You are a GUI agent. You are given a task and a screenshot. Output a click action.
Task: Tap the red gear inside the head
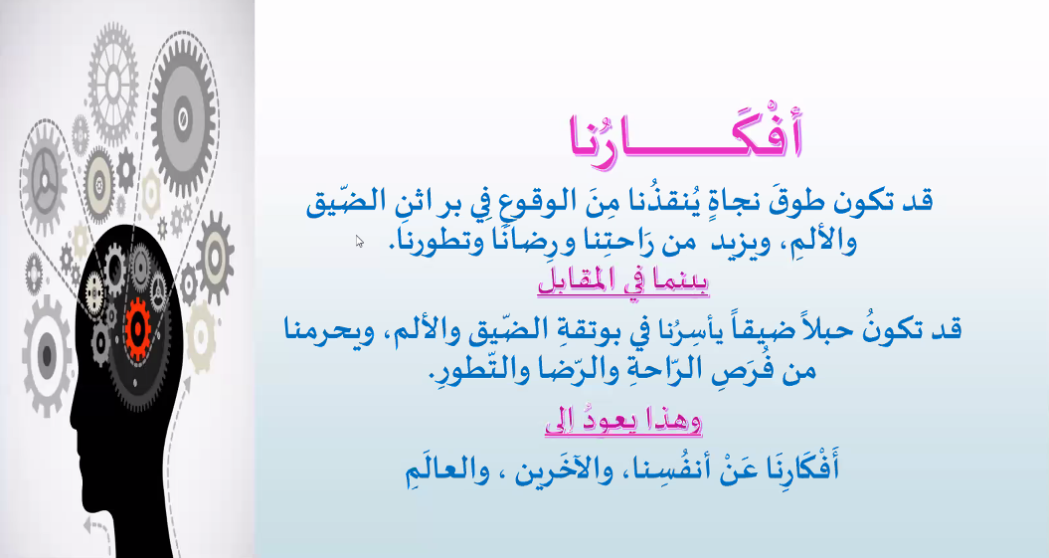coord(138,328)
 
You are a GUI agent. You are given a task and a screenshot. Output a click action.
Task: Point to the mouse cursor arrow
coord(359,241)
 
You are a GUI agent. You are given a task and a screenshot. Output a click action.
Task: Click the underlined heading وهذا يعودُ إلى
coord(623,422)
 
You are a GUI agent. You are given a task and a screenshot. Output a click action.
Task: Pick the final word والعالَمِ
coord(446,469)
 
